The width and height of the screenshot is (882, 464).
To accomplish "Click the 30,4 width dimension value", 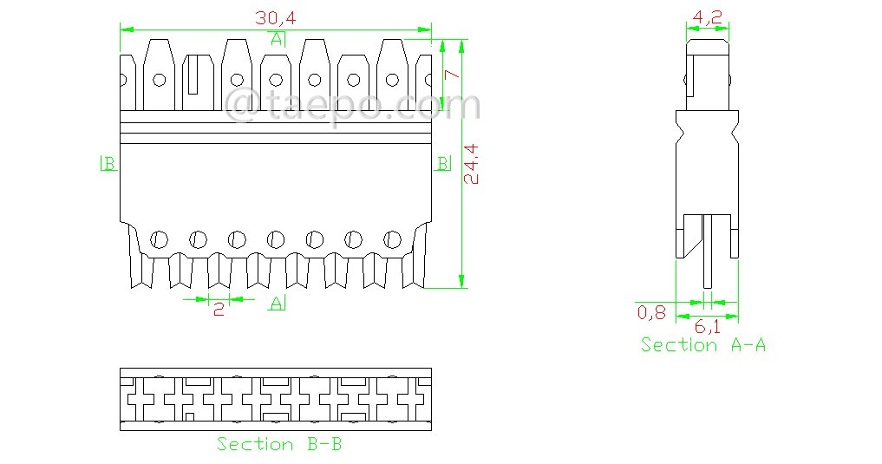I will [x=274, y=17].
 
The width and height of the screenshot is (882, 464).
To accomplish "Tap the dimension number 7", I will [x=451, y=75].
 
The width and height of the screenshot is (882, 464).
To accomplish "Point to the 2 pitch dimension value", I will [x=219, y=308].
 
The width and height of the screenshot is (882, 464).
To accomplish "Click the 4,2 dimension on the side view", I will [x=708, y=17].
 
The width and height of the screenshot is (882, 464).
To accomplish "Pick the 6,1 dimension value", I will [x=708, y=327].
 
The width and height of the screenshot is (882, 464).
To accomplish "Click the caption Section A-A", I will [x=703, y=345].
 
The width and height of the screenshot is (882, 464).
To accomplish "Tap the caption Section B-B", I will [x=279, y=444].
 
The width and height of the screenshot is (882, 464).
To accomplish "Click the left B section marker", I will [x=109, y=163].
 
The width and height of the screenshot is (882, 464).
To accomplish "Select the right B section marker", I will [x=441, y=163].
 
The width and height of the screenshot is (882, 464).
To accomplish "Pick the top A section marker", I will [x=277, y=39].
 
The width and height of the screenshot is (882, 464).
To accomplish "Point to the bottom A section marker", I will [x=277, y=302].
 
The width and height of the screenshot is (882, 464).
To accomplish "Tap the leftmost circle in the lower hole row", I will [x=160, y=239].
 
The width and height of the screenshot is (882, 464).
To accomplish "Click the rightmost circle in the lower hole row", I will [x=392, y=239].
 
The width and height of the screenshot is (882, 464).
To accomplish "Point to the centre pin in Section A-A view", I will [x=708, y=252].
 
